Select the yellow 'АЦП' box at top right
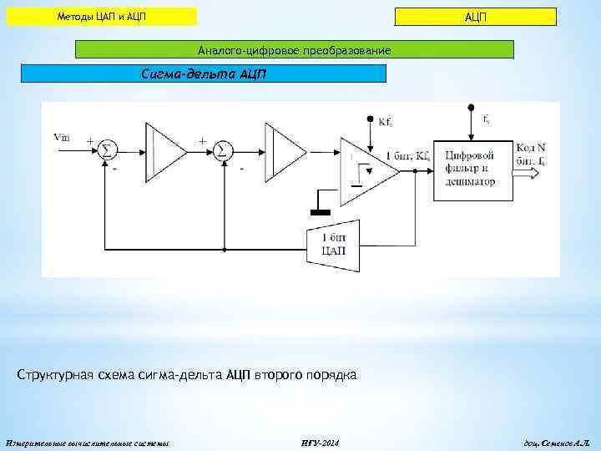475,18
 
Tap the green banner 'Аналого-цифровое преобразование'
294,51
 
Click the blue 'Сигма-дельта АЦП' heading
204,73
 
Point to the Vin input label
62,137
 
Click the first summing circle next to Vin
106,149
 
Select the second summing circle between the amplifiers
221,149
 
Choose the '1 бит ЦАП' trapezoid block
333,246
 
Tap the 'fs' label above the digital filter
486,119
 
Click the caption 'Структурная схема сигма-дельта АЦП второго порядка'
187,375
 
